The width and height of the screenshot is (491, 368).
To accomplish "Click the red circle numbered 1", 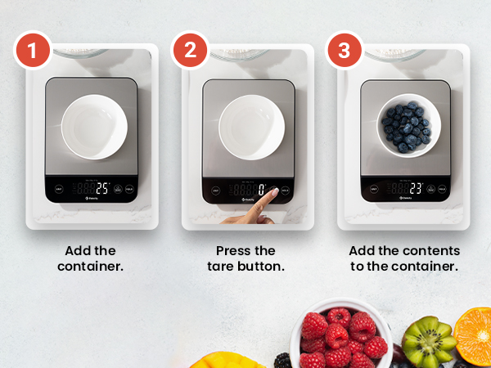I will point(33,51).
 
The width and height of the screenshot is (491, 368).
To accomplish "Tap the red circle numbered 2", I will point(190,51).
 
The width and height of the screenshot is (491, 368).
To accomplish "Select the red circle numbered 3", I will point(345,51).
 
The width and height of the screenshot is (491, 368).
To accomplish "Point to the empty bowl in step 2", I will point(251,128).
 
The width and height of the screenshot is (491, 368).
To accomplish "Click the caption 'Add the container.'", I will point(91,258).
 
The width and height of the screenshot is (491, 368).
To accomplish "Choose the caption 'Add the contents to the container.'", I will point(404,258).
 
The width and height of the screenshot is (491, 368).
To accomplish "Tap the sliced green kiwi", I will point(427,342).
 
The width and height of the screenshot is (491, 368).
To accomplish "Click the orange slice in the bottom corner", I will point(475,335).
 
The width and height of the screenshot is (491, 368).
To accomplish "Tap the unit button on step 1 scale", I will point(58,189).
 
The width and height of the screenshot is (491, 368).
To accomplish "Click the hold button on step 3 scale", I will point(443,189).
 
